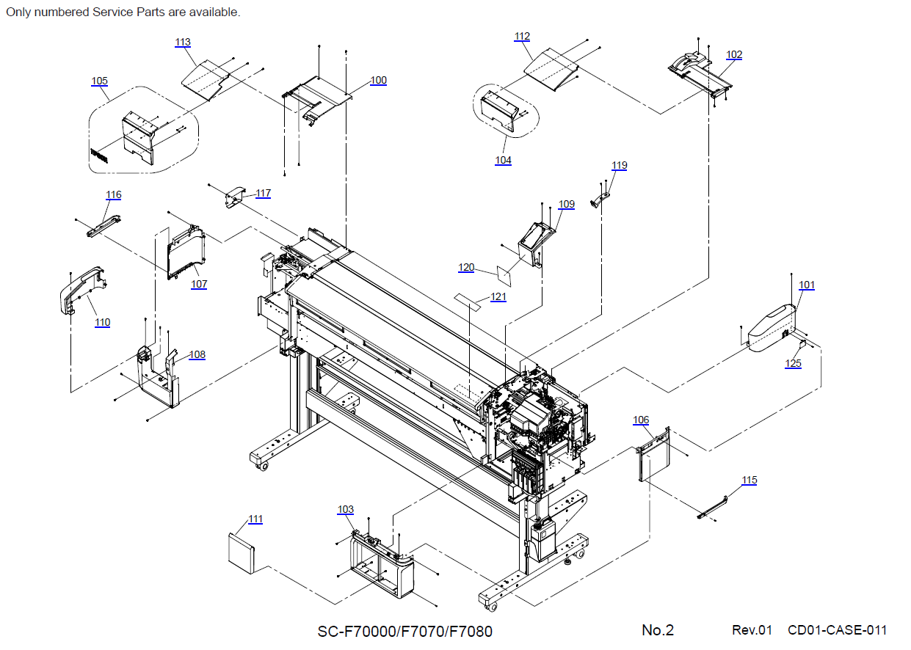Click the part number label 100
click(x=378, y=80)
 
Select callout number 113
click(x=183, y=42)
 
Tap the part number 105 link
click(x=99, y=81)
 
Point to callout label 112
click(x=522, y=36)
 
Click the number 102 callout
click(x=734, y=54)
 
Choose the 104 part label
click(x=503, y=160)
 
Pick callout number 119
click(x=620, y=165)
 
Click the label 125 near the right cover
click(x=793, y=363)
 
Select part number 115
click(x=749, y=480)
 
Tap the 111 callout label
click(x=255, y=519)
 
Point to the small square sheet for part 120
click(x=504, y=274)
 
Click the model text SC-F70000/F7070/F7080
click(x=404, y=631)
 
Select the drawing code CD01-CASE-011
click(x=837, y=630)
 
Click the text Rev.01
click(x=752, y=630)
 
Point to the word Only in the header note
click(x=18, y=12)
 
